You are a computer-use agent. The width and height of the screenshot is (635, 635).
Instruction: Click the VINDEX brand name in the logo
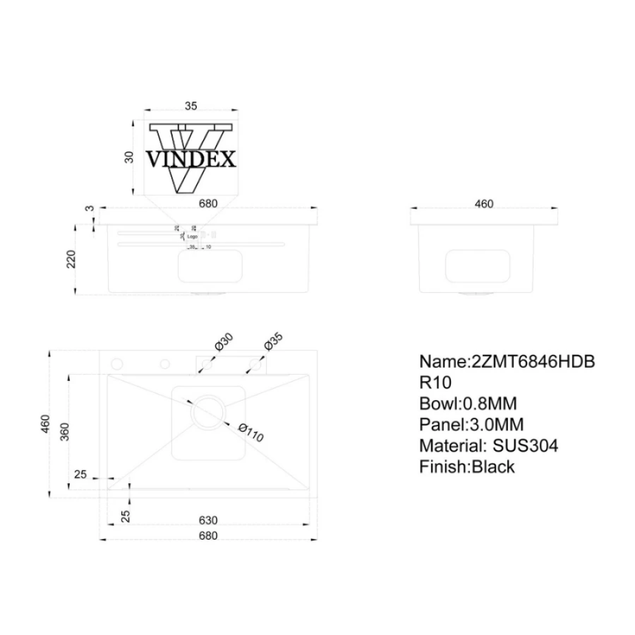[x=191, y=159]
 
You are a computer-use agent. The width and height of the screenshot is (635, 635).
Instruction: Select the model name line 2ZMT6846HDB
[x=507, y=361]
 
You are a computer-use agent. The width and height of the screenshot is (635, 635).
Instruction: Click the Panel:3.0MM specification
[x=472, y=425]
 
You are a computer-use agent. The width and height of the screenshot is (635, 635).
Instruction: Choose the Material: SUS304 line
[x=488, y=446]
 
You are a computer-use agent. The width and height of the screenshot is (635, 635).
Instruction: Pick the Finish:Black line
[x=467, y=467]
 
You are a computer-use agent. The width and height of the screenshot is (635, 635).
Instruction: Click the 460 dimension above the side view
[x=484, y=204]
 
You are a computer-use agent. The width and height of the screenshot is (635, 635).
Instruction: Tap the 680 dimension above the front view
[x=208, y=204]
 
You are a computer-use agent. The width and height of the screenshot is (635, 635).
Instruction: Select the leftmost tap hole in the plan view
[x=117, y=364]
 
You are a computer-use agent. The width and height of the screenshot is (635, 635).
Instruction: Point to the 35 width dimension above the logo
[x=190, y=107]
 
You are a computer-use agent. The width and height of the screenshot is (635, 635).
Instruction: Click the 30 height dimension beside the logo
[x=129, y=157]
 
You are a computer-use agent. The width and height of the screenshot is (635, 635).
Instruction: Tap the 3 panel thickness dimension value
[x=90, y=208]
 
